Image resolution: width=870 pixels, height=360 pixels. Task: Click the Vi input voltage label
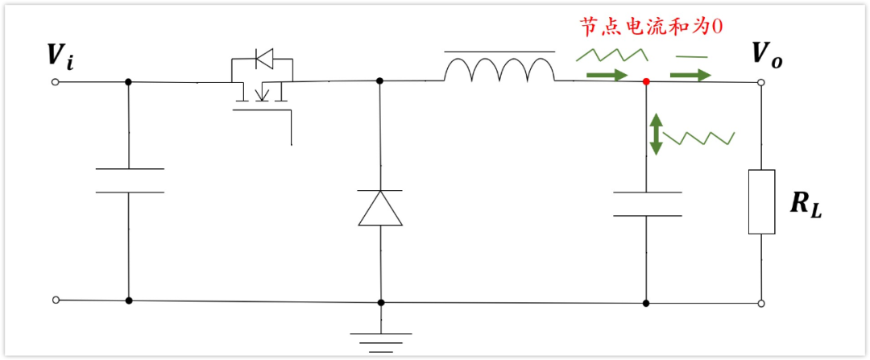tap(61, 56)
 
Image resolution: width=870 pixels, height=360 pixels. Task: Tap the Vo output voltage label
tap(766, 55)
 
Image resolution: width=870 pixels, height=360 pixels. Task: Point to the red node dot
tap(646, 81)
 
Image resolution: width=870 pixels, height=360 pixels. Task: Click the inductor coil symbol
tap(499, 71)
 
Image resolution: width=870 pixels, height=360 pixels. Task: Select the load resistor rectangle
tap(761, 201)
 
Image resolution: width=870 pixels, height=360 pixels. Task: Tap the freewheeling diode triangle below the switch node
tap(379, 208)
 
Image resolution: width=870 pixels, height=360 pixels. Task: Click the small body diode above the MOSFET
tap(263, 58)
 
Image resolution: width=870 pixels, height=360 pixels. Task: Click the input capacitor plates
tap(129, 180)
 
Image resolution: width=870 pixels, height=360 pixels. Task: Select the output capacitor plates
tap(647, 204)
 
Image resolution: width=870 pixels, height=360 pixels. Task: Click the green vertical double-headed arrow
tap(657, 134)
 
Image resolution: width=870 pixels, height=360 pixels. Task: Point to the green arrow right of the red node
tap(692, 75)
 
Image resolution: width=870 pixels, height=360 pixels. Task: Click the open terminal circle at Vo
tap(761, 83)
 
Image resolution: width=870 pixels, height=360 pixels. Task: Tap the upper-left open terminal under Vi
tap(56, 82)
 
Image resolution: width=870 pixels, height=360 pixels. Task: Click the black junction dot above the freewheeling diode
tap(379, 81)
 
